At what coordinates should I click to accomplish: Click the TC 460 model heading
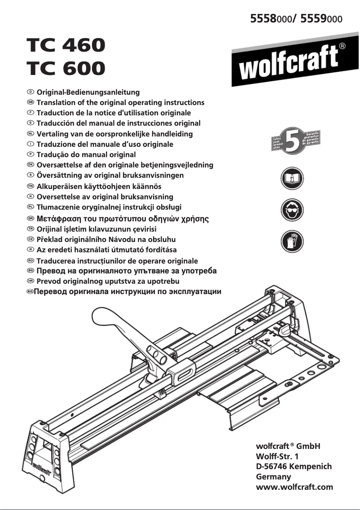[x=66, y=45]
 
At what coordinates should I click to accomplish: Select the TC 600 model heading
[x=66, y=68]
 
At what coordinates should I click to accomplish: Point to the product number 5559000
[x=321, y=18]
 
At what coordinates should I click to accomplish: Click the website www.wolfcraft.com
[x=294, y=487]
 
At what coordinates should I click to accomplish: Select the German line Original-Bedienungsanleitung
[x=88, y=92]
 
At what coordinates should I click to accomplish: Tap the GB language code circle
[x=31, y=102]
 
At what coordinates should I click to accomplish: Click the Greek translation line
[x=123, y=219]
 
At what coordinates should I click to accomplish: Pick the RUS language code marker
[x=31, y=292]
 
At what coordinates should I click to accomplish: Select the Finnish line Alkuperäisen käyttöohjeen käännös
[x=99, y=186]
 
